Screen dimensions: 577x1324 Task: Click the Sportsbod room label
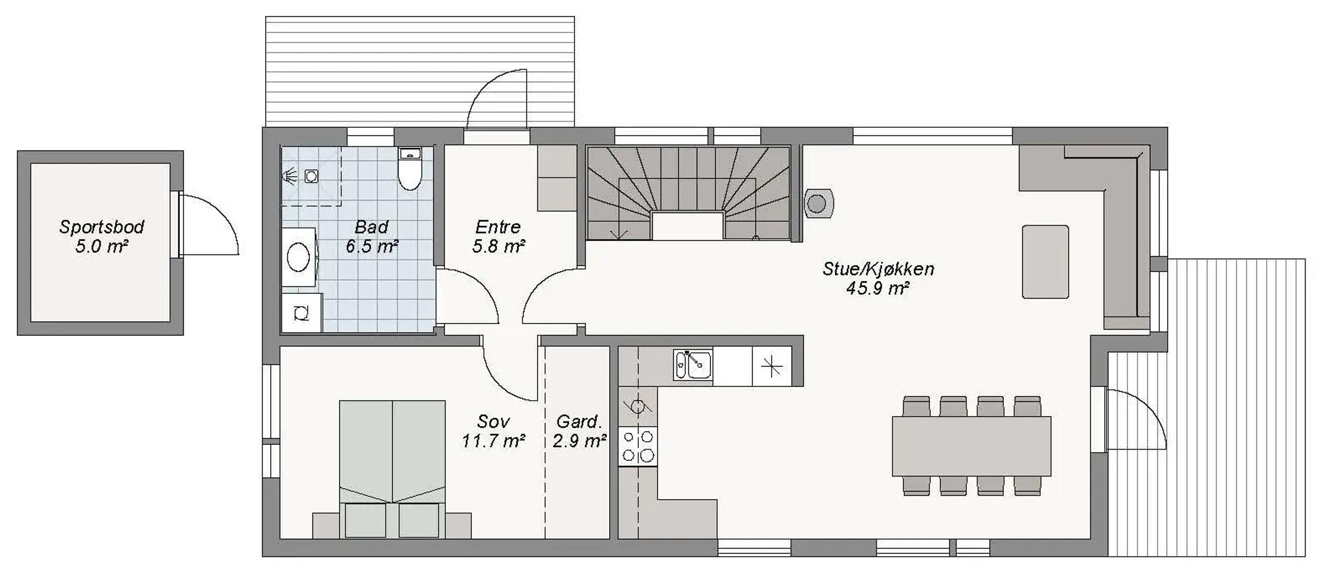(101, 236)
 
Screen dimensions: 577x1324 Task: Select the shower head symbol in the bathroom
(289, 176)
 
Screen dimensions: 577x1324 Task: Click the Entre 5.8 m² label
(498, 236)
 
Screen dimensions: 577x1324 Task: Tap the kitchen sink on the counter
(693, 365)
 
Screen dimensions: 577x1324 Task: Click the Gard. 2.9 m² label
(579, 431)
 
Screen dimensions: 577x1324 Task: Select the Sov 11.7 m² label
(493, 431)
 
